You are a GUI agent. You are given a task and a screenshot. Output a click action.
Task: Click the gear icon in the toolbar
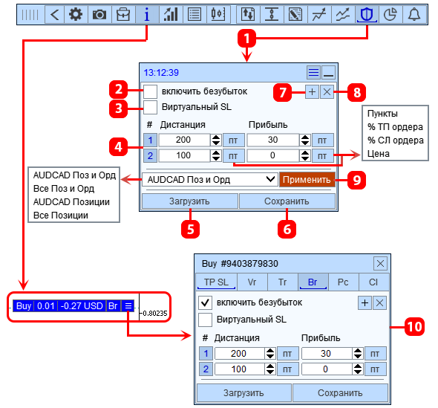[76, 14]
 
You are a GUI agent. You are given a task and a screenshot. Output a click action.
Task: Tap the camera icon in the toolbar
[99, 14]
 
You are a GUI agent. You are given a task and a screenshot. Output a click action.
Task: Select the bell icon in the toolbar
[414, 14]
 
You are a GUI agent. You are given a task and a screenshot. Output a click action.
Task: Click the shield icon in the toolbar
[367, 14]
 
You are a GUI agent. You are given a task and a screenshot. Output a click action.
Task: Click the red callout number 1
[246, 39]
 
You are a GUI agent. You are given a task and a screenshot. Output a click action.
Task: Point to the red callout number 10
[414, 327]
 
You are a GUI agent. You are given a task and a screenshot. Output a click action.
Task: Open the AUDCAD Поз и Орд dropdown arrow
[270, 179]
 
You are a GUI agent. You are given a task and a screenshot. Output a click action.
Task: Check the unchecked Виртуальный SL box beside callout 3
[150, 107]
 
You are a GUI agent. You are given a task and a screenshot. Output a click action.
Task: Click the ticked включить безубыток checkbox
[205, 303]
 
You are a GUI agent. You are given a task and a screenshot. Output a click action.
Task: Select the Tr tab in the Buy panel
[282, 282]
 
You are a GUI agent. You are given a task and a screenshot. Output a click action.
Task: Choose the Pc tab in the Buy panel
[343, 282]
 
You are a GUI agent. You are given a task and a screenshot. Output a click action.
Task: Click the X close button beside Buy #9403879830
[380, 263]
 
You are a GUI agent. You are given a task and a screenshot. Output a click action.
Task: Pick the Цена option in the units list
[378, 154]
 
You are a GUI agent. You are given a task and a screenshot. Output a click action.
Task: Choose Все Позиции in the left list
[61, 216]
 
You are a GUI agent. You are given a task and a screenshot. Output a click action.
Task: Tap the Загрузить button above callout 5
[189, 201]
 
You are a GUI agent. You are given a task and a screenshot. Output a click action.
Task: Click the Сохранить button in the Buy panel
[340, 393]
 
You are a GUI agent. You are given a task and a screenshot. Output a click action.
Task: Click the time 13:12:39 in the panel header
[161, 73]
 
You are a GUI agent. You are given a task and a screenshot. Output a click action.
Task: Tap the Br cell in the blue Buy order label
[113, 306]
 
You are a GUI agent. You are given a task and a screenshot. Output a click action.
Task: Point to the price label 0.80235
[154, 314]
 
